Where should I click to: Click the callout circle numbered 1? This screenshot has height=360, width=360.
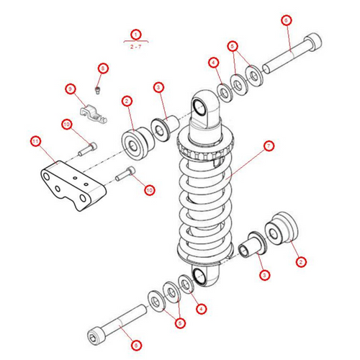[135, 34]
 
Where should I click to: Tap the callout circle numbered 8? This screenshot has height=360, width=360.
[102, 68]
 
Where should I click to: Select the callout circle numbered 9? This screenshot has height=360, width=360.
[70, 89]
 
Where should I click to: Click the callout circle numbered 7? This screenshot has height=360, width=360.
[268, 146]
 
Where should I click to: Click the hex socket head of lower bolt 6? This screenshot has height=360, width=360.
[96, 335]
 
